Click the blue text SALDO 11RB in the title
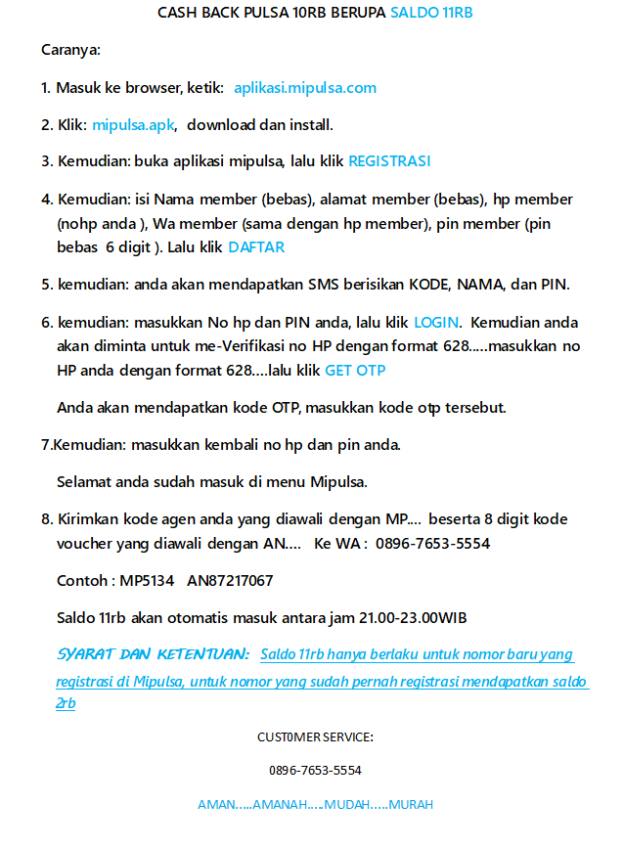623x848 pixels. [x=431, y=13]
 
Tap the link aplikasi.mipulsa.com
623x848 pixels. [x=305, y=88]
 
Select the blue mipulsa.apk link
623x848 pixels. [x=133, y=124]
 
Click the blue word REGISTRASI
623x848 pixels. [x=389, y=161]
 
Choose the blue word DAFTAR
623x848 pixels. [x=256, y=247]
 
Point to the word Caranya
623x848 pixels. [x=70, y=50]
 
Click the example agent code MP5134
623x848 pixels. [x=147, y=581]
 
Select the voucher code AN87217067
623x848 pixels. [x=230, y=581]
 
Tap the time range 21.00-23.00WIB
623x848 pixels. [x=398, y=617]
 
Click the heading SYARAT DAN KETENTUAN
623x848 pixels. [x=154, y=653]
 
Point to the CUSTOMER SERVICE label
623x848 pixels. [x=315, y=736]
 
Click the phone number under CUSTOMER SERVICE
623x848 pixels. [x=315, y=771]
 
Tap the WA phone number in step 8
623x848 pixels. [x=432, y=543]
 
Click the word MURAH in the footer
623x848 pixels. [x=411, y=805]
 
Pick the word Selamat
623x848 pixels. [x=85, y=481]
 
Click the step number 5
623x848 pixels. [x=46, y=285]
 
